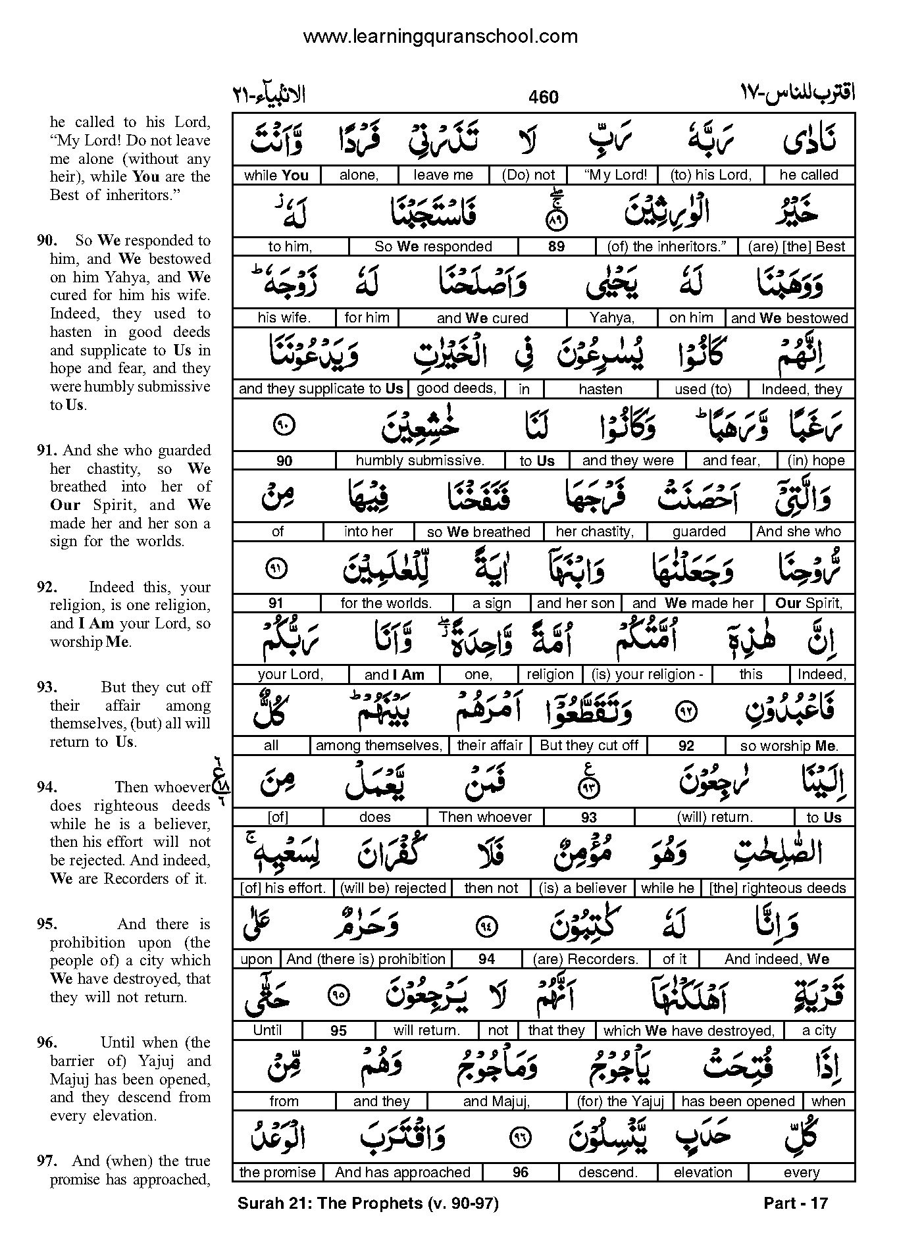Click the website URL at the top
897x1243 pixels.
coord(440,36)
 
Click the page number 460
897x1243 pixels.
coord(543,97)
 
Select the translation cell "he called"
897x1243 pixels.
coord(809,175)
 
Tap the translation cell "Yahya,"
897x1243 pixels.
coord(611,318)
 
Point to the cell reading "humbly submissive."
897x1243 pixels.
coord(419,461)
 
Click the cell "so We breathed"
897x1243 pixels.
coord(478,532)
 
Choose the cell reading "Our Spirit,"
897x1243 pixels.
coord(809,603)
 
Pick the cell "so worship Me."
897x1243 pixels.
coord(788,746)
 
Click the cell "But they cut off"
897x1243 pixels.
coord(588,746)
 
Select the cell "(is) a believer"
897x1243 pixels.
coord(582,888)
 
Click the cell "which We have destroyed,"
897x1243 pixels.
coord(688,1030)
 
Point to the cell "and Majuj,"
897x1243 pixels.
coord(496,1102)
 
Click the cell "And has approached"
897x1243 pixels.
coord(402,1173)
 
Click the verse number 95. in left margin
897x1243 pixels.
coord(47,924)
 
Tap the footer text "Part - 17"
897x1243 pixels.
coord(795,1204)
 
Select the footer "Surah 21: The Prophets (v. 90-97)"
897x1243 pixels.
coord(368,1204)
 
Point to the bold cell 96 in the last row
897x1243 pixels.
coord(520,1173)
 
